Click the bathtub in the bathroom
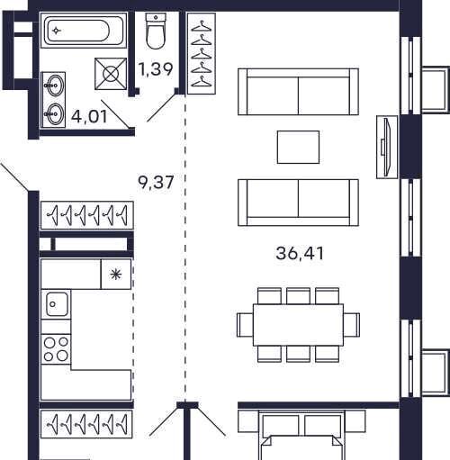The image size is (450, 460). [84, 30]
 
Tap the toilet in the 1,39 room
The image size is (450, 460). [156, 32]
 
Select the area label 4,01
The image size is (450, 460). [89, 116]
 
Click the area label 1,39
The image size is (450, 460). [156, 69]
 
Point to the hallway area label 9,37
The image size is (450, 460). [156, 182]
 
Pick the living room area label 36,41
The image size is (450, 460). [300, 253]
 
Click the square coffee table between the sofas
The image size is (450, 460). [298, 147]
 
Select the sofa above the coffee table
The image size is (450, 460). [298, 92]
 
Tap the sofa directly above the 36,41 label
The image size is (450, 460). [298, 203]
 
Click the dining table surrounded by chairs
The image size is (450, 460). [298, 325]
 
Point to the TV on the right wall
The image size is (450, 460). [387, 147]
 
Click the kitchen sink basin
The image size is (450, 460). [57, 304]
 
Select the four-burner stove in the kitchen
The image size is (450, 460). [56, 349]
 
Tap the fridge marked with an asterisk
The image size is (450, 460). [116, 275]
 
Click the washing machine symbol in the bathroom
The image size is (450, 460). [111, 74]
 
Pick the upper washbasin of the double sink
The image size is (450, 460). [55, 86]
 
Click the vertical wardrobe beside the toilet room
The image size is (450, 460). [202, 54]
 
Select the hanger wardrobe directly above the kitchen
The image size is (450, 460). [86, 215]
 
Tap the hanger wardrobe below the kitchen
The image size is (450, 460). [86, 424]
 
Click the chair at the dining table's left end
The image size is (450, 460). [245, 325]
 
